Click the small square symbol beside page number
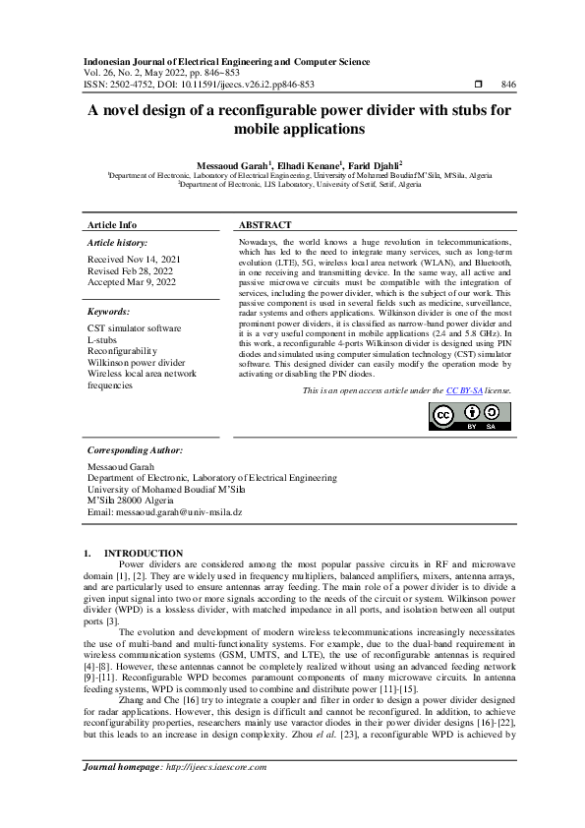478,86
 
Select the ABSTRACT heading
265,224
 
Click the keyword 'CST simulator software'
134,326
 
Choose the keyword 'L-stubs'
105,338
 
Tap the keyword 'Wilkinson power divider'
137,362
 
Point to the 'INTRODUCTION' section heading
144,553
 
